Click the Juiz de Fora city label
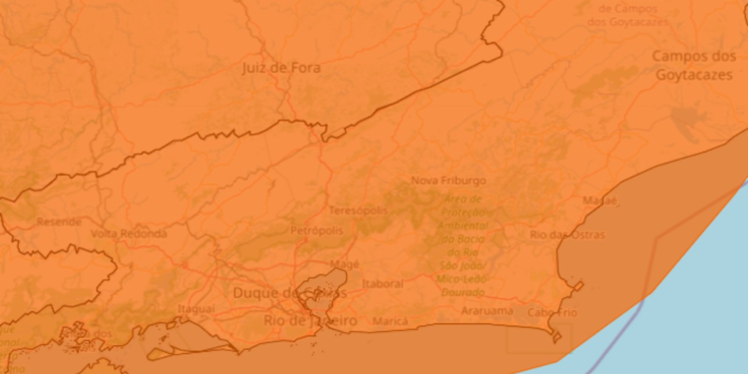pyautogui.click(x=281, y=68)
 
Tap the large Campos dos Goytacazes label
pyautogui.click(x=695, y=66)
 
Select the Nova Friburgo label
pyautogui.click(x=448, y=182)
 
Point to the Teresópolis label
pyautogui.click(x=356, y=211)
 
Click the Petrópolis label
pyautogui.click(x=316, y=230)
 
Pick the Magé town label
pyautogui.click(x=344, y=264)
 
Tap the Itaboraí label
pyautogui.click(x=383, y=283)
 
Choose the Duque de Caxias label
pyautogui.click(x=288, y=293)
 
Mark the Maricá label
pyautogui.click(x=390, y=321)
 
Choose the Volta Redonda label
pyautogui.click(x=128, y=232)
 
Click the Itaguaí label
pyautogui.click(x=195, y=309)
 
